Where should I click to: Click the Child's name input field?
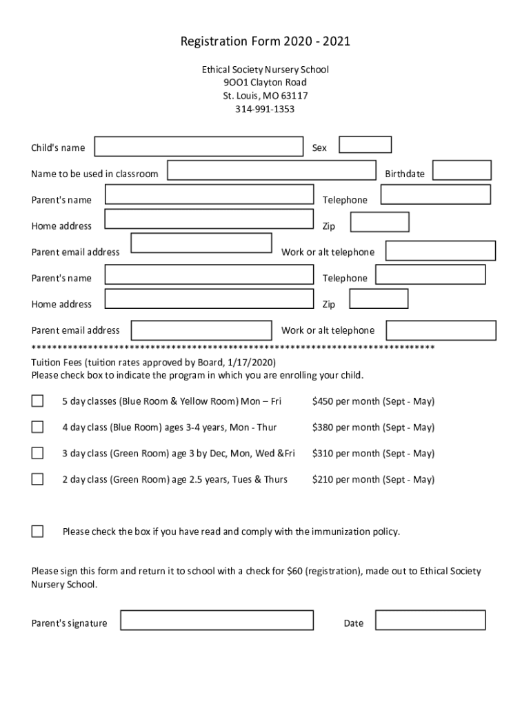(x=199, y=147)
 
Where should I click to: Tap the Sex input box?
(x=365, y=144)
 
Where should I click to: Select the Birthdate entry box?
(x=462, y=170)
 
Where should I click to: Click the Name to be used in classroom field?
(x=272, y=170)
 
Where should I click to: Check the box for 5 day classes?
(x=37, y=401)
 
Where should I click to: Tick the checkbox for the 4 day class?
(x=37, y=427)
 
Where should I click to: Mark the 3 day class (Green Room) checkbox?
(x=37, y=454)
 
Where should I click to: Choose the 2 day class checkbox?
(x=37, y=479)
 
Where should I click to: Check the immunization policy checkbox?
(x=37, y=532)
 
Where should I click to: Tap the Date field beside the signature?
(x=430, y=620)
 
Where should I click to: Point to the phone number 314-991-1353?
(x=265, y=109)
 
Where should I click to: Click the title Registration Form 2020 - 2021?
(x=265, y=42)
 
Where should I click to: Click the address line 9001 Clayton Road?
(x=265, y=83)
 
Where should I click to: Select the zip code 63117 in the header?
(x=294, y=96)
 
